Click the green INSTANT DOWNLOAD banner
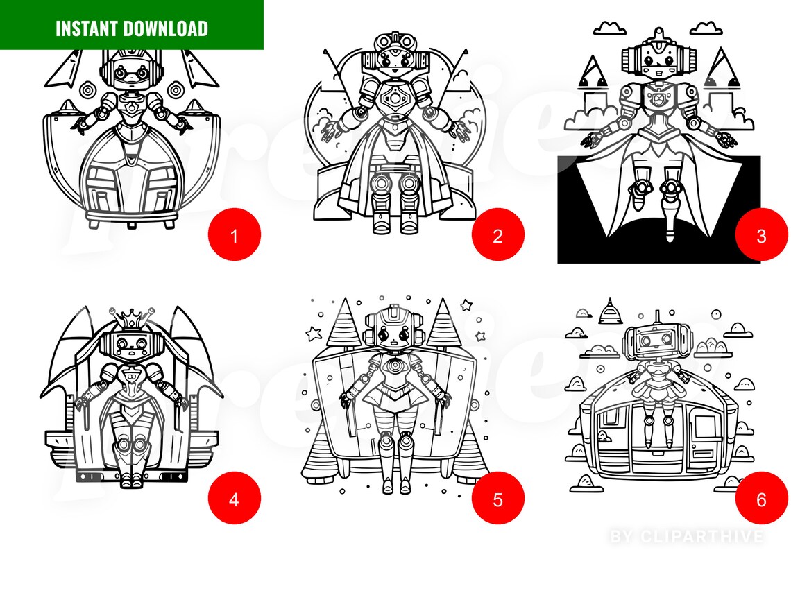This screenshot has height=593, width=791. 132,26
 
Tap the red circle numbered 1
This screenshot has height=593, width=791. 234,235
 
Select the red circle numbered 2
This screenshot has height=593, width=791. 497,235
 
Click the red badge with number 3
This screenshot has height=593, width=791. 761,235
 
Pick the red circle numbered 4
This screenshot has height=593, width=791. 234,499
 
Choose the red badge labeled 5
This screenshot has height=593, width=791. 497,499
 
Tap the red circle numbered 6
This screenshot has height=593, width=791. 761,499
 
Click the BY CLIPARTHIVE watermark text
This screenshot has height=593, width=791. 687,536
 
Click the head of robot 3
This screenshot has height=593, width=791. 654,61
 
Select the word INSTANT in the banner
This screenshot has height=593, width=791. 87,28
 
